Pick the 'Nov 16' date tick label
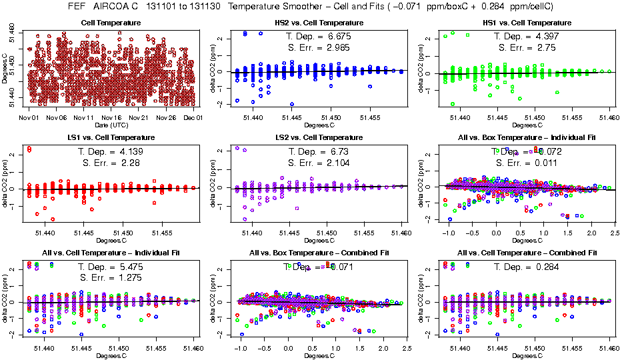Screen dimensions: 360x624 click(111, 118)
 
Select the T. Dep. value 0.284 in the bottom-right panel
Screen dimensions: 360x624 click(545, 267)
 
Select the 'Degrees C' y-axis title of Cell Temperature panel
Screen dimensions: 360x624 click(5, 69)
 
